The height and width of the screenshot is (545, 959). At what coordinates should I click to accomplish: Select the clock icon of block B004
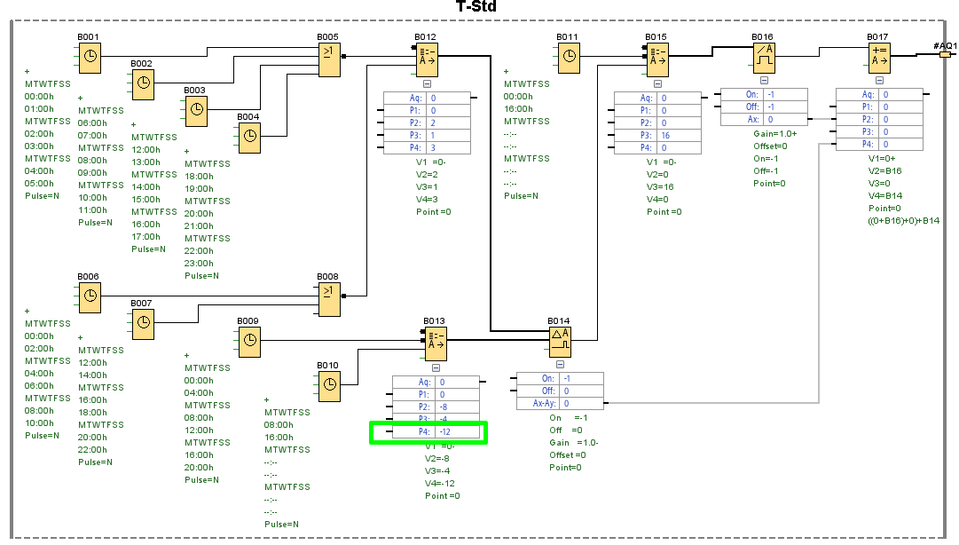250,136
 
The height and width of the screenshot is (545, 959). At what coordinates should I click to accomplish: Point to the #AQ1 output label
945,45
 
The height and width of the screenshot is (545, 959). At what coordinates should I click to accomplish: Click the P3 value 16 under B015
664,136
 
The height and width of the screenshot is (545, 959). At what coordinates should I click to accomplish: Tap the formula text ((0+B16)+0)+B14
903,220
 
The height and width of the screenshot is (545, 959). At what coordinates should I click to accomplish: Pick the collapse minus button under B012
428,83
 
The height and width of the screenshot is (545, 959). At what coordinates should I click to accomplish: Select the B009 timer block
250,340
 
